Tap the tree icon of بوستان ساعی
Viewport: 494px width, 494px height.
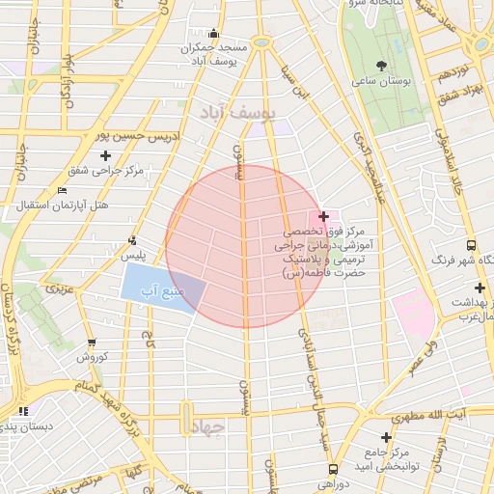pyautogui.click(x=381, y=66)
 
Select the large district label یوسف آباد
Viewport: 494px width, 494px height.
pyautogui.click(x=237, y=115)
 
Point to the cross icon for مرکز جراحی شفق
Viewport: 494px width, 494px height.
pyautogui.click(x=105, y=154)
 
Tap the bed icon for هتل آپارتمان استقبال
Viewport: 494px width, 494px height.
pyautogui.click(x=63, y=190)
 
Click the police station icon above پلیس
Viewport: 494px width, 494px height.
pyautogui.click(x=132, y=240)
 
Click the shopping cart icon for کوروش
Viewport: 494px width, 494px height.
pyautogui.click(x=92, y=342)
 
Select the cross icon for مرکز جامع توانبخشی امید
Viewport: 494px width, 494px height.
pyautogui.click(x=386, y=436)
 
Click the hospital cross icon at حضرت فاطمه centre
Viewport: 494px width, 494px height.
pyautogui.click(x=323, y=216)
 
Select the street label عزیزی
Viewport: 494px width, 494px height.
pyautogui.click(x=61, y=288)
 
